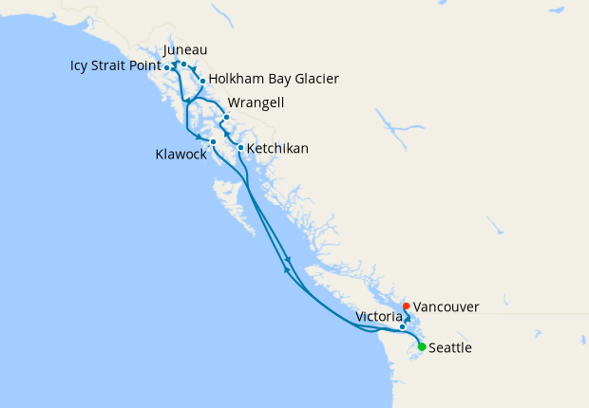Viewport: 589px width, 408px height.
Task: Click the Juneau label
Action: tap(185, 49)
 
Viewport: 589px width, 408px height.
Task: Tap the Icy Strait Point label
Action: tap(115, 66)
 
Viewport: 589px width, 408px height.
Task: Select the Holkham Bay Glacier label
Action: tap(273, 79)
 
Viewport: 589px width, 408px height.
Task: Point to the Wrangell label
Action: tap(256, 103)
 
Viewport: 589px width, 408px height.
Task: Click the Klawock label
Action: tap(180, 154)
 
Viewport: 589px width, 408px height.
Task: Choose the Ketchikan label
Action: tap(277, 149)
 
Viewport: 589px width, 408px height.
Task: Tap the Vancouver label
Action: tap(446, 306)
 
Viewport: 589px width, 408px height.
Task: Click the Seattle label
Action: tap(450, 348)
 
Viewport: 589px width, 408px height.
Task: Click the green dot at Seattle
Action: tap(422, 346)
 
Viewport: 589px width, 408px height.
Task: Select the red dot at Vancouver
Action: tap(407, 306)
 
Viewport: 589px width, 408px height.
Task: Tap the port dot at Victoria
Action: tap(403, 326)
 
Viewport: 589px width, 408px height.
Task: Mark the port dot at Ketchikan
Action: tap(240, 148)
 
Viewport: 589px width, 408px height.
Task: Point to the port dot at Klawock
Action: tap(213, 141)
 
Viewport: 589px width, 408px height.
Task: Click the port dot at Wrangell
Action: tap(226, 118)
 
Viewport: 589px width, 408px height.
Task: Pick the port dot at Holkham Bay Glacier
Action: tap(202, 81)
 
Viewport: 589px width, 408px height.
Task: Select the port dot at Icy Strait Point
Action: tap(167, 67)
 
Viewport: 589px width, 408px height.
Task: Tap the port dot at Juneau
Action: tap(183, 65)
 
